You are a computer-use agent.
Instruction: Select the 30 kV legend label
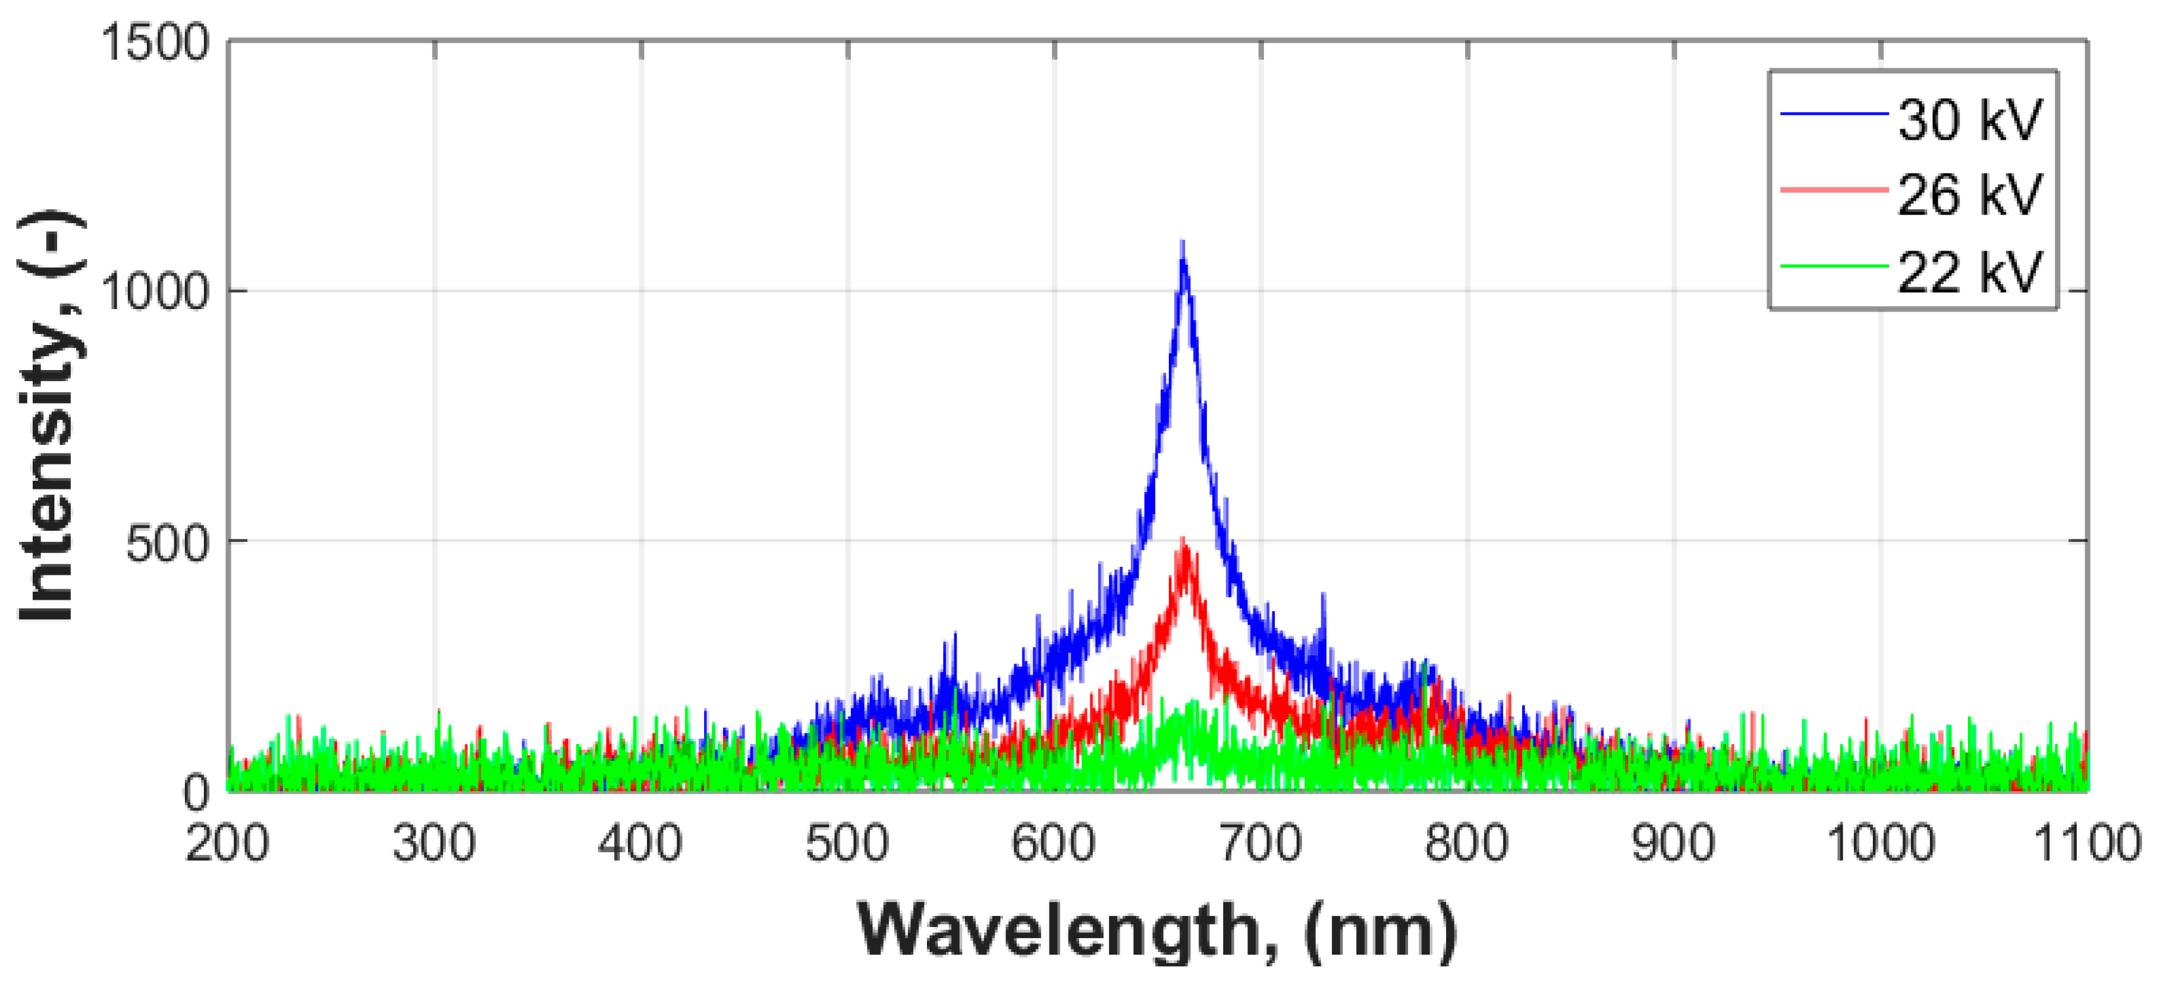click(x=1969, y=120)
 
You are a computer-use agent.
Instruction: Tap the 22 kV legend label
click(x=1969, y=272)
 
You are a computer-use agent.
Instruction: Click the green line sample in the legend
click(x=1833, y=266)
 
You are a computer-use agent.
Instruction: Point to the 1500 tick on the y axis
click(x=155, y=42)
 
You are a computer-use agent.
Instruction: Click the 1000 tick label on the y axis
click(x=155, y=293)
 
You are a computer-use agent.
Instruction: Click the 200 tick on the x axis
click(x=227, y=843)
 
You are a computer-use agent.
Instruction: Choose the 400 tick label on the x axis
click(x=640, y=843)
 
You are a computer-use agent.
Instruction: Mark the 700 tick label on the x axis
click(x=1260, y=843)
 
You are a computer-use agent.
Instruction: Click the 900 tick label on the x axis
click(x=1673, y=843)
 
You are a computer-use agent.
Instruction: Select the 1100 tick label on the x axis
click(x=2086, y=843)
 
